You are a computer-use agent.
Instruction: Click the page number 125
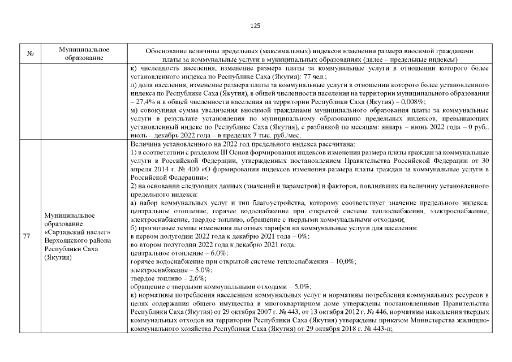255,25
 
